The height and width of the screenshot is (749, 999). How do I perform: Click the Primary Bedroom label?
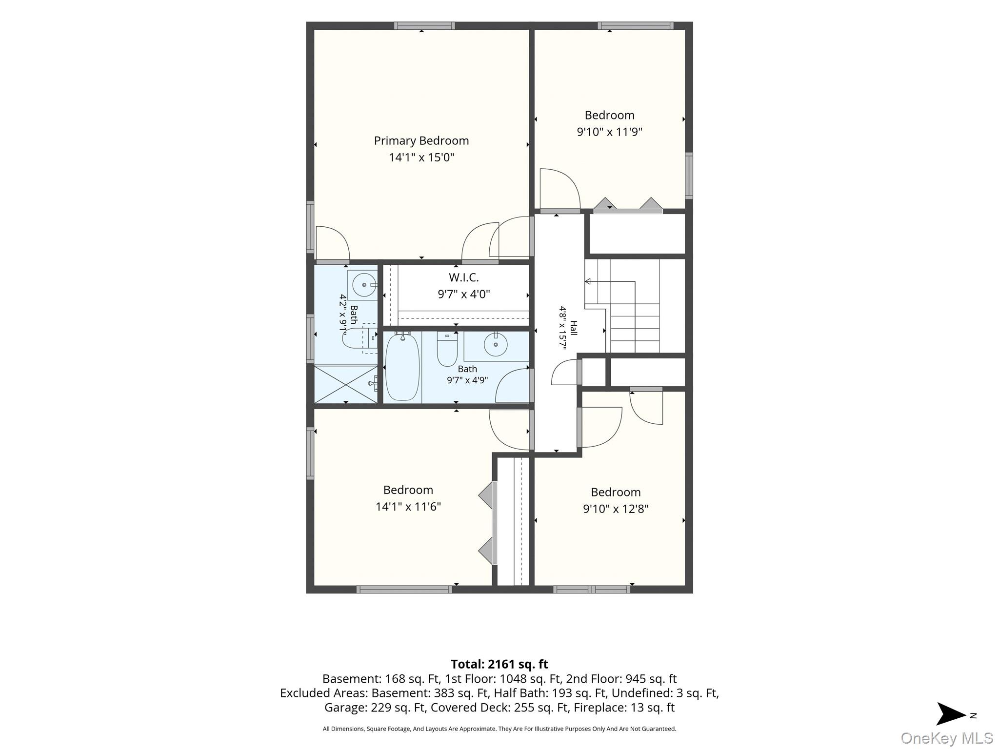pyautogui.click(x=421, y=141)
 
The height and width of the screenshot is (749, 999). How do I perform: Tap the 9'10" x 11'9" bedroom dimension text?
pyautogui.click(x=609, y=132)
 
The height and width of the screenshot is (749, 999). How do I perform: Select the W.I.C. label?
pyautogui.click(x=463, y=277)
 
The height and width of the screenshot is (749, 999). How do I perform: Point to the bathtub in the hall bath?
pyautogui.click(x=402, y=367)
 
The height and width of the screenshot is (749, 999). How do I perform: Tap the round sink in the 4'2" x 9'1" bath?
pyautogui.click(x=364, y=284)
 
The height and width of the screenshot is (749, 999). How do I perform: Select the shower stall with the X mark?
pyautogui.click(x=346, y=384)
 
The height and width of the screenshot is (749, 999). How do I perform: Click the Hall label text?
pyautogui.click(x=574, y=328)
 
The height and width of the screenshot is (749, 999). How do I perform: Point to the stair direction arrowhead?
pyautogui.click(x=588, y=281)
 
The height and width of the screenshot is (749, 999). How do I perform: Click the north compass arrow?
pyautogui.click(x=951, y=714)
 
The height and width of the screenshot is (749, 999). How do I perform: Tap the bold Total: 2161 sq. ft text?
pyautogui.click(x=499, y=664)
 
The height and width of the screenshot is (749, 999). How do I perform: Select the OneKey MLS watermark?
pyautogui.click(x=947, y=738)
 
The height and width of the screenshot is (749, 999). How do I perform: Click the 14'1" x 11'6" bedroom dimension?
pyautogui.click(x=408, y=507)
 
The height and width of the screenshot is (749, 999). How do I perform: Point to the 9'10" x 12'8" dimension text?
pyautogui.click(x=616, y=509)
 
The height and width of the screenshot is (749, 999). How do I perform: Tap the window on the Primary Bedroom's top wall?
pyautogui.click(x=424, y=26)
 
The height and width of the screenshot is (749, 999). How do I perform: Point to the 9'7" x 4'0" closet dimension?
pyautogui.click(x=463, y=294)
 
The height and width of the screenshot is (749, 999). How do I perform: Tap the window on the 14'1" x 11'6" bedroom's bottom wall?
pyautogui.click(x=404, y=590)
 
